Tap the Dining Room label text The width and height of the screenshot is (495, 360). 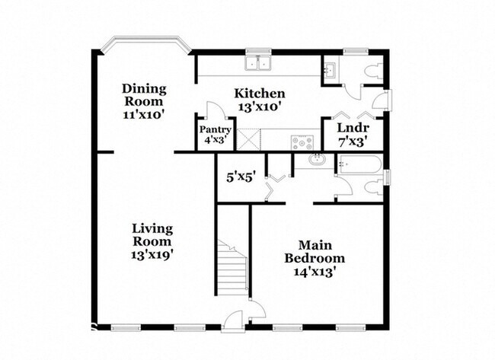[145, 94]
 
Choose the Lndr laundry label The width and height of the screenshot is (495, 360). [353, 128]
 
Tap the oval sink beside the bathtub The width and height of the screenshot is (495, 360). [316, 160]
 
